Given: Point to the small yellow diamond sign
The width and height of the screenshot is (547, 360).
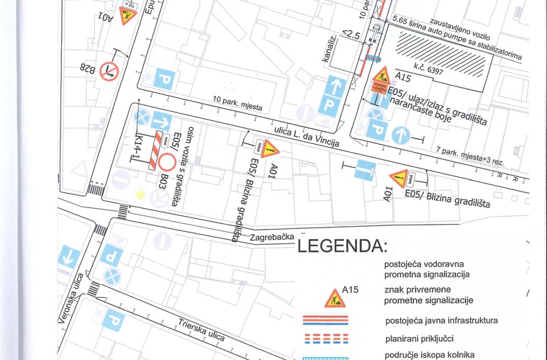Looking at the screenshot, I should [x=140, y=194].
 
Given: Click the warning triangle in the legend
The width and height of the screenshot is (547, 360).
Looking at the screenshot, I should [x=333, y=296].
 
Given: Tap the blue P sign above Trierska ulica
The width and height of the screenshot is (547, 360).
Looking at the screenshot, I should [x=113, y=318].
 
